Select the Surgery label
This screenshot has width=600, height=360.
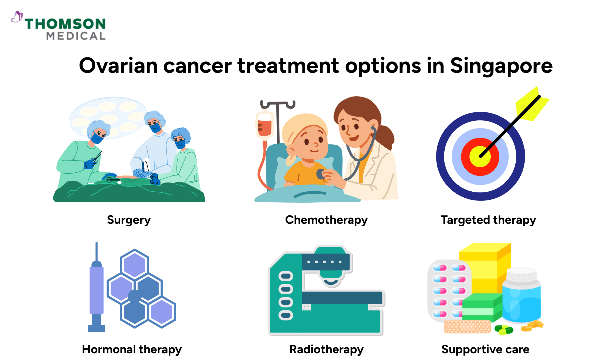click(x=129, y=219)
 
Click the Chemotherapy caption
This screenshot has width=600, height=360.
click(x=326, y=219)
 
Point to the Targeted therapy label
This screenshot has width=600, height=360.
click(x=488, y=219)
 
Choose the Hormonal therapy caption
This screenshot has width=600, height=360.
click(x=132, y=349)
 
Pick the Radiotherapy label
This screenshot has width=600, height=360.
click(x=327, y=349)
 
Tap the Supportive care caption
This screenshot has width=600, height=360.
click(x=485, y=349)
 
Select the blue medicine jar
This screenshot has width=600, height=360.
click(x=521, y=298)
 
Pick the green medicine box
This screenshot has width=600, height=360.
click(x=482, y=307)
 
